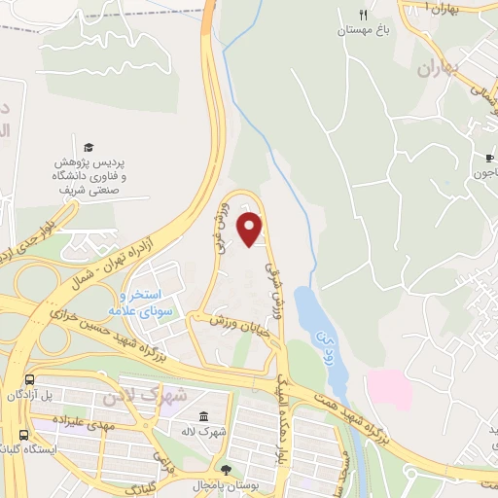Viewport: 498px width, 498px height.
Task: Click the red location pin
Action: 251,228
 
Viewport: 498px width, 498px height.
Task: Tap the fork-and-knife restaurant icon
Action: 363,15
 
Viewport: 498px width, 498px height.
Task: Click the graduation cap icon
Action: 89,145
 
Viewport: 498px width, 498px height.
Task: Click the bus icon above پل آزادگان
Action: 30,379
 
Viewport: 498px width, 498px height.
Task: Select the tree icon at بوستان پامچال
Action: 226,457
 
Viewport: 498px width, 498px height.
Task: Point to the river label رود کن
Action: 324,344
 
